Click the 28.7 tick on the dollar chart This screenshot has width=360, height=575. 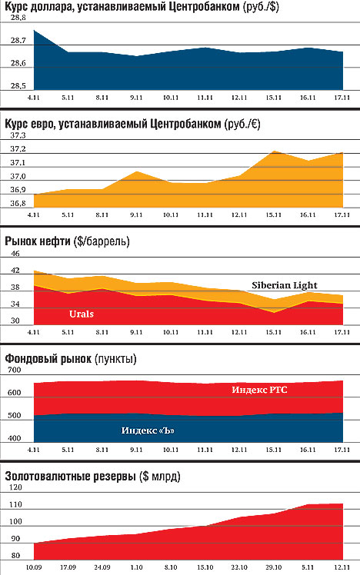[x=18, y=40]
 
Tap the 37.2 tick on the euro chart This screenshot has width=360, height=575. [x=18, y=149]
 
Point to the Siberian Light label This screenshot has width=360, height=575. [x=285, y=285]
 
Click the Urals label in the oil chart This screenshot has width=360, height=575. [x=82, y=314]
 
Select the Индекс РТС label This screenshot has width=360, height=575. [x=259, y=390]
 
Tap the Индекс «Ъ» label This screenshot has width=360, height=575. [x=148, y=430]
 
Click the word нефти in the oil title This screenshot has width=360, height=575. [x=56, y=241]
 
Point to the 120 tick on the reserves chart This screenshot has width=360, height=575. [x=15, y=487]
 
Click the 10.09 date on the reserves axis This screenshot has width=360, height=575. [x=34, y=567]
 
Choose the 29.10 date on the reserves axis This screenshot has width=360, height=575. [x=273, y=567]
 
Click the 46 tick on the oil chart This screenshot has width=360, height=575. [x=15, y=254]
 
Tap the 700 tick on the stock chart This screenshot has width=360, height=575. [x=15, y=370]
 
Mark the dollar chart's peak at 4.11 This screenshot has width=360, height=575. [x=34, y=30]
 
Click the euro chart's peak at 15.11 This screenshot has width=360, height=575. [x=274, y=151]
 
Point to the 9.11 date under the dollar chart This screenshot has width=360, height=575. [x=136, y=98]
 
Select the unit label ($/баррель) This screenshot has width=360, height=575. [x=102, y=241]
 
